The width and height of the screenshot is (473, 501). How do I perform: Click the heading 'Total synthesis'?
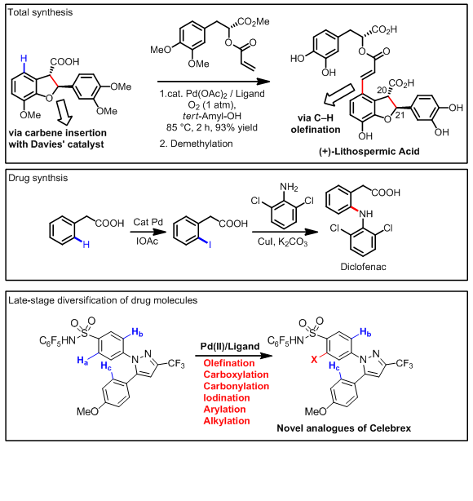pos(40,12)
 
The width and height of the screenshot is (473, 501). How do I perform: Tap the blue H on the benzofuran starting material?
pos(24,59)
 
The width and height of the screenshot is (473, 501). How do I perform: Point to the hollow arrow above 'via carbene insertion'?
pos(64,112)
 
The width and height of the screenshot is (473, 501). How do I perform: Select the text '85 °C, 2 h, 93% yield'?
pos(212,127)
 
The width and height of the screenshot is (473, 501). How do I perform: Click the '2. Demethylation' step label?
pos(196,144)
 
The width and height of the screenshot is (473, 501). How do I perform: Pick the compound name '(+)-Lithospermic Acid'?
pos(369,151)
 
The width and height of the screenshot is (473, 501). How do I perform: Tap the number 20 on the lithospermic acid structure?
pos(382,90)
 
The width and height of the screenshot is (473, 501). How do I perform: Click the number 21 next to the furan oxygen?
pos(400,115)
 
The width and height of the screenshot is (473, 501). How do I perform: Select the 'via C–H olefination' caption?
pos(316,124)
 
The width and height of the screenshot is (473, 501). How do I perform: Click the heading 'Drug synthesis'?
pos(38,178)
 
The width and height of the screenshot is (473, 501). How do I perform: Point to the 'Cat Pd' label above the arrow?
pos(148,222)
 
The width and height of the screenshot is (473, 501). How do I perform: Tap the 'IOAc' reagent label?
pos(148,241)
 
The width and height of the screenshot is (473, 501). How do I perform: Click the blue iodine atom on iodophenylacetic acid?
pos(210,245)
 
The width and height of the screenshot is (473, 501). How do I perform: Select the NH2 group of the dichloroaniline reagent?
pos(289,187)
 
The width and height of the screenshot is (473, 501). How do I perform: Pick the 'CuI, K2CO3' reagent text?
pos(283,242)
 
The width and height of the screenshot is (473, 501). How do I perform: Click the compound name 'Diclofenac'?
pos(363,267)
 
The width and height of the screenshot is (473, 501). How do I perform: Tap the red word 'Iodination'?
pos(227,397)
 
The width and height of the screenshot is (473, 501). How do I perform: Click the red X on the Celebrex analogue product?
pos(314,360)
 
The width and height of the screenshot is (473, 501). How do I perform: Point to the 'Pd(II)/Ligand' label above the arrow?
pos(230,346)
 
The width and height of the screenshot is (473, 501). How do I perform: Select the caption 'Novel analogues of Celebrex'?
pos(343,428)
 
